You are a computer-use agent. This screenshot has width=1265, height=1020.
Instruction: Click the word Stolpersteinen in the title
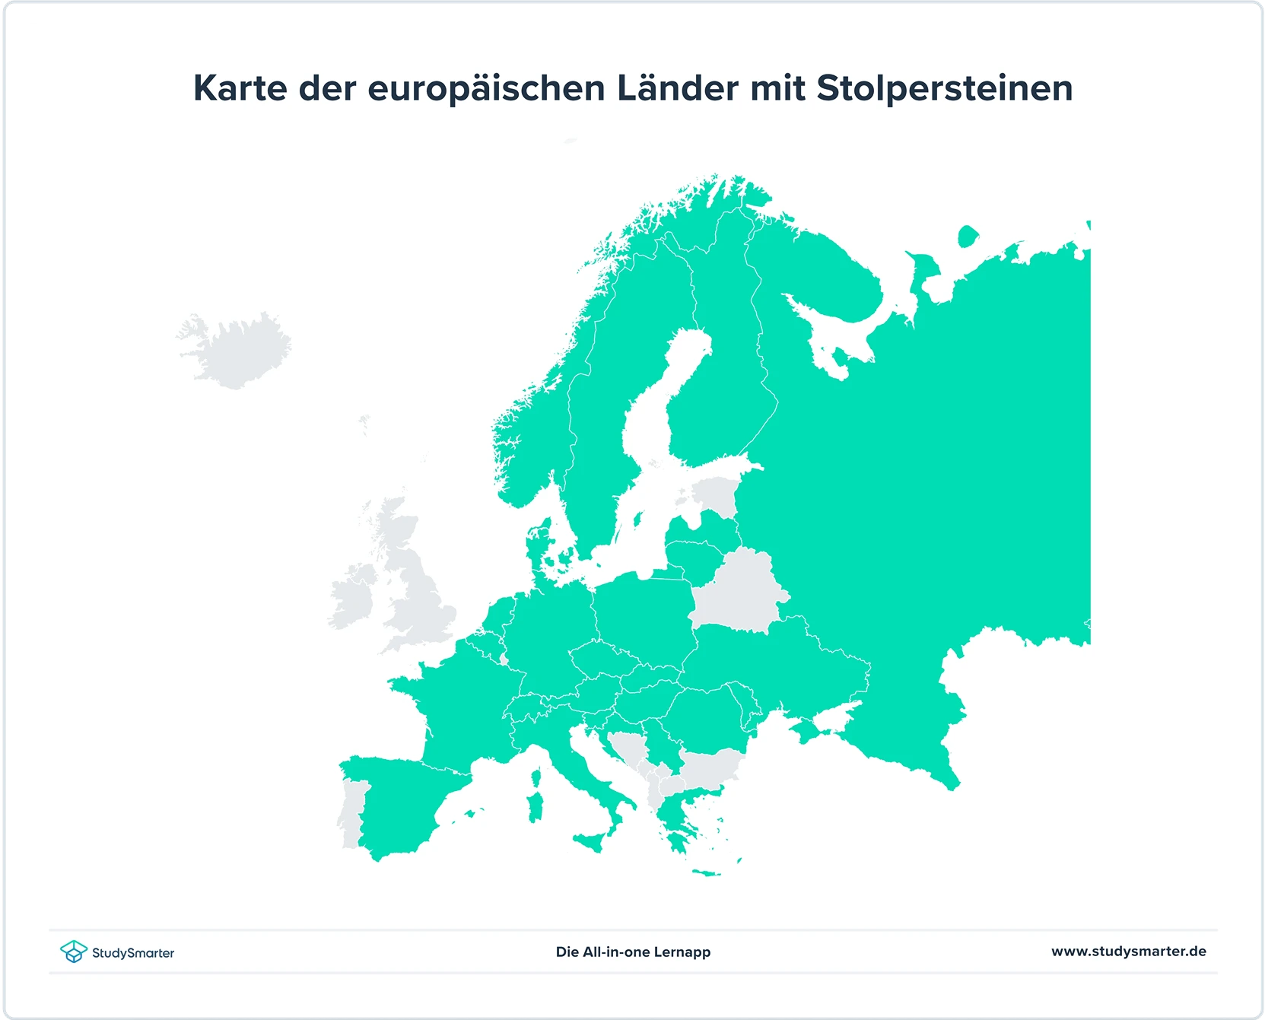[x=944, y=89]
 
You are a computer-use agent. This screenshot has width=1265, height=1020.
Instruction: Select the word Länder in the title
[x=677, y=88]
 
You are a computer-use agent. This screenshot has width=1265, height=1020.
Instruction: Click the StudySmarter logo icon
[x=74, y=952]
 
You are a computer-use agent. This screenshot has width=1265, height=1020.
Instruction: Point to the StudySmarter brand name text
[x=133, y=953]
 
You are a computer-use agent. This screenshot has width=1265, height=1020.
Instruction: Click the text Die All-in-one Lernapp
[x=633, y=952]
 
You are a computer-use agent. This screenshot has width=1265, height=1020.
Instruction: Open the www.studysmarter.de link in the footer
[x=1128, y=951]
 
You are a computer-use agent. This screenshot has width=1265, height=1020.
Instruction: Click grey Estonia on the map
[x=715, y=494]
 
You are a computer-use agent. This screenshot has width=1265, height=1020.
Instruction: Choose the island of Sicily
[x=592, y=840]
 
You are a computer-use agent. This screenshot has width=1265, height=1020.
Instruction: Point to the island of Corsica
[x=536, y=777]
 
